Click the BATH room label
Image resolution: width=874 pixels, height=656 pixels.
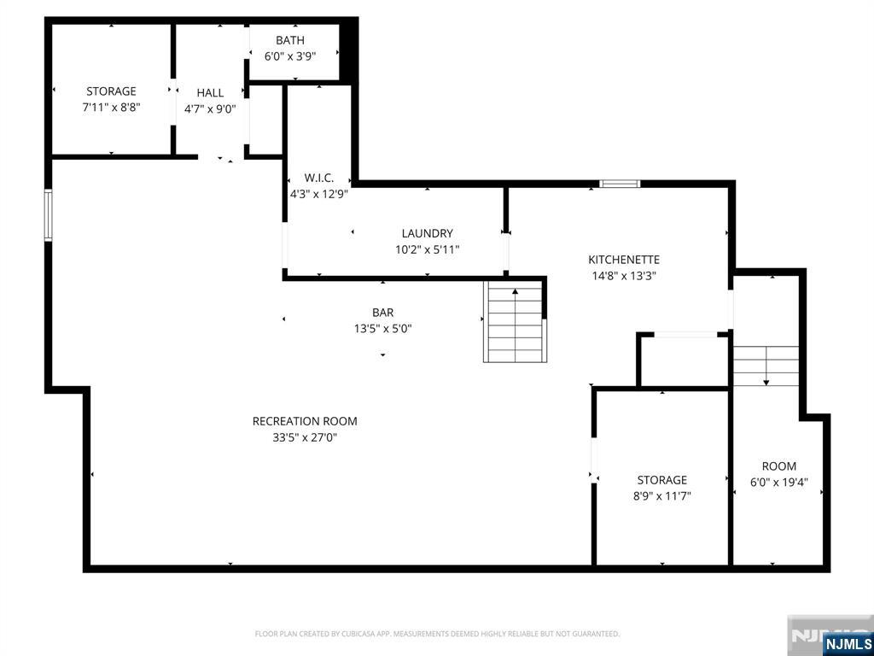pyautogui.click(x=289, y=40)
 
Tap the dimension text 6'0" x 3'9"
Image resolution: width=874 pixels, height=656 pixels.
pyautogui.click(x=289, y=56)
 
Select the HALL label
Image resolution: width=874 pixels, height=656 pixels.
pyautogui.click(x=210, y=92)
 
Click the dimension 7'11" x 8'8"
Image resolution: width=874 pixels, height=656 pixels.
pyautogui.click(x=111, y=108)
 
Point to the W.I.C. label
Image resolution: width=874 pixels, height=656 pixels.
pyautogui.click(x=318, y=178)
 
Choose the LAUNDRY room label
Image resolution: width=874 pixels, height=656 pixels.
pyautogui.click(x=427, y=233)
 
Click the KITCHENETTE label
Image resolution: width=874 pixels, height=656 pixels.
pyautogui.click(x=623, y=260)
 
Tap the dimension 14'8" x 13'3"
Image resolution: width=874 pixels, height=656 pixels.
pyautogui.click(x=623, y=276)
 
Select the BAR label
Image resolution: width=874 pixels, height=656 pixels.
pyautogui.click(x=382, y=313)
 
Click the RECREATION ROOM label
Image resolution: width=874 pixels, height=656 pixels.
pyautogui.click(x=305, y=421)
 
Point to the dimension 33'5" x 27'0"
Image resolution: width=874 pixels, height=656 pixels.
pyautogui.click(x=305, y=437)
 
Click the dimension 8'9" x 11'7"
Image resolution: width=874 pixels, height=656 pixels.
pyautogui.click(x=661, y=495)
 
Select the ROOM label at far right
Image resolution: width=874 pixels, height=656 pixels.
pyautogui.click(x=778, y=466)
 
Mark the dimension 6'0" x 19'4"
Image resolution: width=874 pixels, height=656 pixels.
pyautogui.click(x=778, y=482)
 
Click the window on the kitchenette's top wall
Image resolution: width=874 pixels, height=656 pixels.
pyautogui.click(x=620, y=183)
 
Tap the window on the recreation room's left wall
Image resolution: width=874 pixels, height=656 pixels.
pyautogui.click(x=49, y=216)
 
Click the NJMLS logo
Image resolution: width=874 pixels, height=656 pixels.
pyautogui.click(x=848, y=643)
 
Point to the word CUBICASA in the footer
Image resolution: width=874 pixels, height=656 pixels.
pyautogui.click(x=357, y=634)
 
